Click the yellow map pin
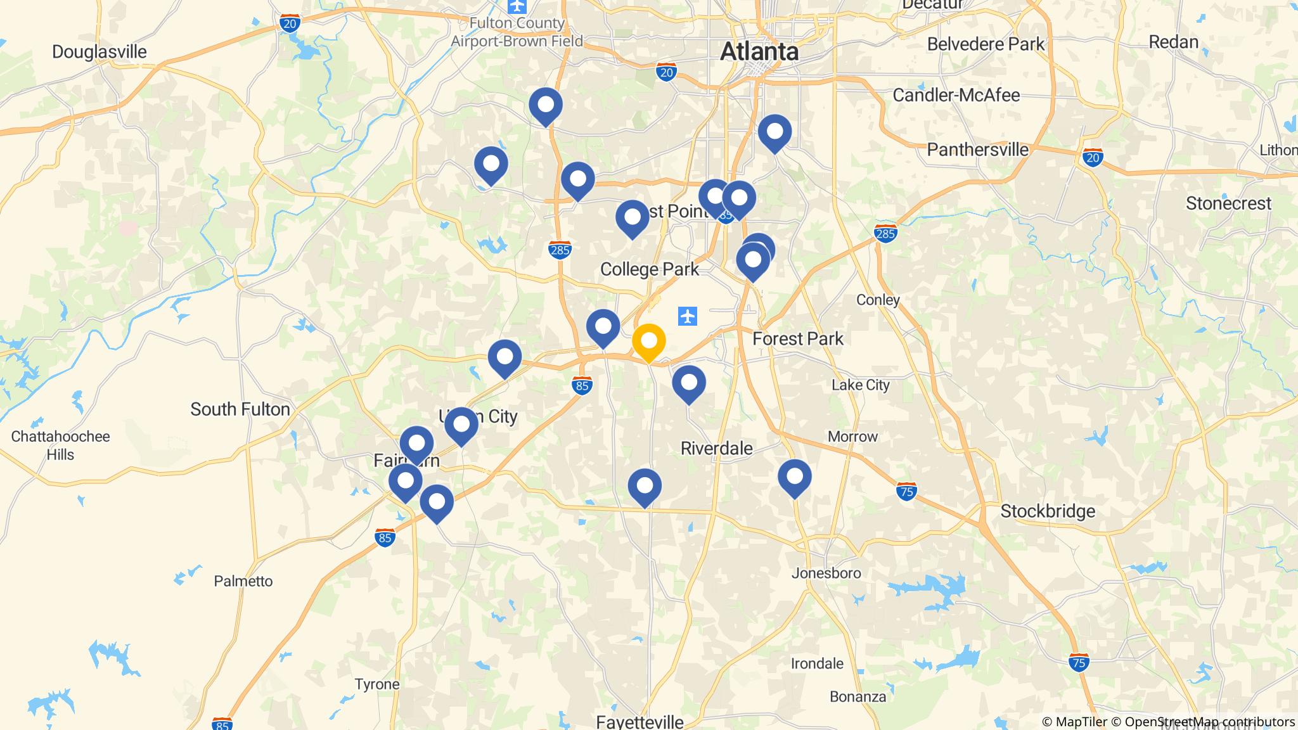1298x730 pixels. point(648,342)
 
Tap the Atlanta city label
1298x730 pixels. point(759,51)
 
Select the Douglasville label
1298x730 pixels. point(99,51)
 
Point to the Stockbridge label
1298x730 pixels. point(1048,511)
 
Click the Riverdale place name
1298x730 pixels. point(716,448)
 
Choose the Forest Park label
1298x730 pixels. point(797,338)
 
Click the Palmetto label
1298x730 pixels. point(243,581)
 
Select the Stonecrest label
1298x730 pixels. point(1228,203)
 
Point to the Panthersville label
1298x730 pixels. point(977,150)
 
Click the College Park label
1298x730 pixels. point(649,269)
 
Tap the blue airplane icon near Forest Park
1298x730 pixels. point(687,316)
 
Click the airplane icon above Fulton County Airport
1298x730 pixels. point(518,6)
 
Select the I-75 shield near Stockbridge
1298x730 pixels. point(906,491)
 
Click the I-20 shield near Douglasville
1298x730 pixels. point(290,24)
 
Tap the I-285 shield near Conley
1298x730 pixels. point(885,234)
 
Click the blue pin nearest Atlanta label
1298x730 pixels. point(774,132)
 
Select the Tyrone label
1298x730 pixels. point(376,684)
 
